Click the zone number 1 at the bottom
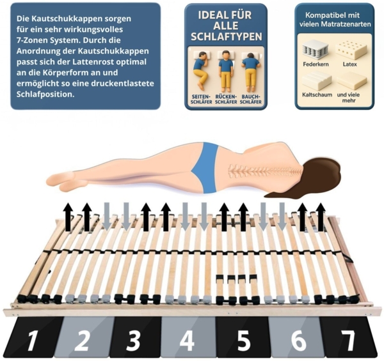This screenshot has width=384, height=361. click(32, 340)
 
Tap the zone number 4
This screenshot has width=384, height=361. click(187, 340)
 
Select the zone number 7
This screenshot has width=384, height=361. click(348, 340)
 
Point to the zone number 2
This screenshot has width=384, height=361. click(82, 340)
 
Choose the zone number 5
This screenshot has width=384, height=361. click(243, 340)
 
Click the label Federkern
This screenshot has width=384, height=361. click(316, 65)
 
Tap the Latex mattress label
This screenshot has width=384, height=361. click(349, 65)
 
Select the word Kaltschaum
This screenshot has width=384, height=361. click(317, 95)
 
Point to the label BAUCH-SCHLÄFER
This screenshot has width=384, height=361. click(250, 99)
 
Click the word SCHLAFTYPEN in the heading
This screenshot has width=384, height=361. click(227, 36)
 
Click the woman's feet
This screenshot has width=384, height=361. click(63, 181)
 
